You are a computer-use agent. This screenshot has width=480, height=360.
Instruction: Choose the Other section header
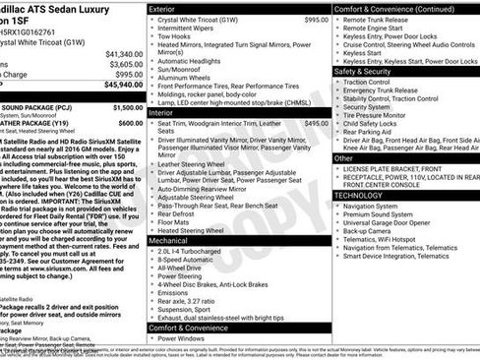pos(344,157)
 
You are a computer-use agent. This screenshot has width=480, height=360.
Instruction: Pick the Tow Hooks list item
pos(177,37)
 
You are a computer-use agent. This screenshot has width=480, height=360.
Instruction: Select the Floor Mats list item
pos(176,223)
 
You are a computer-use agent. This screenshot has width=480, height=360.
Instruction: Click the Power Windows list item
pos(183,338)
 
